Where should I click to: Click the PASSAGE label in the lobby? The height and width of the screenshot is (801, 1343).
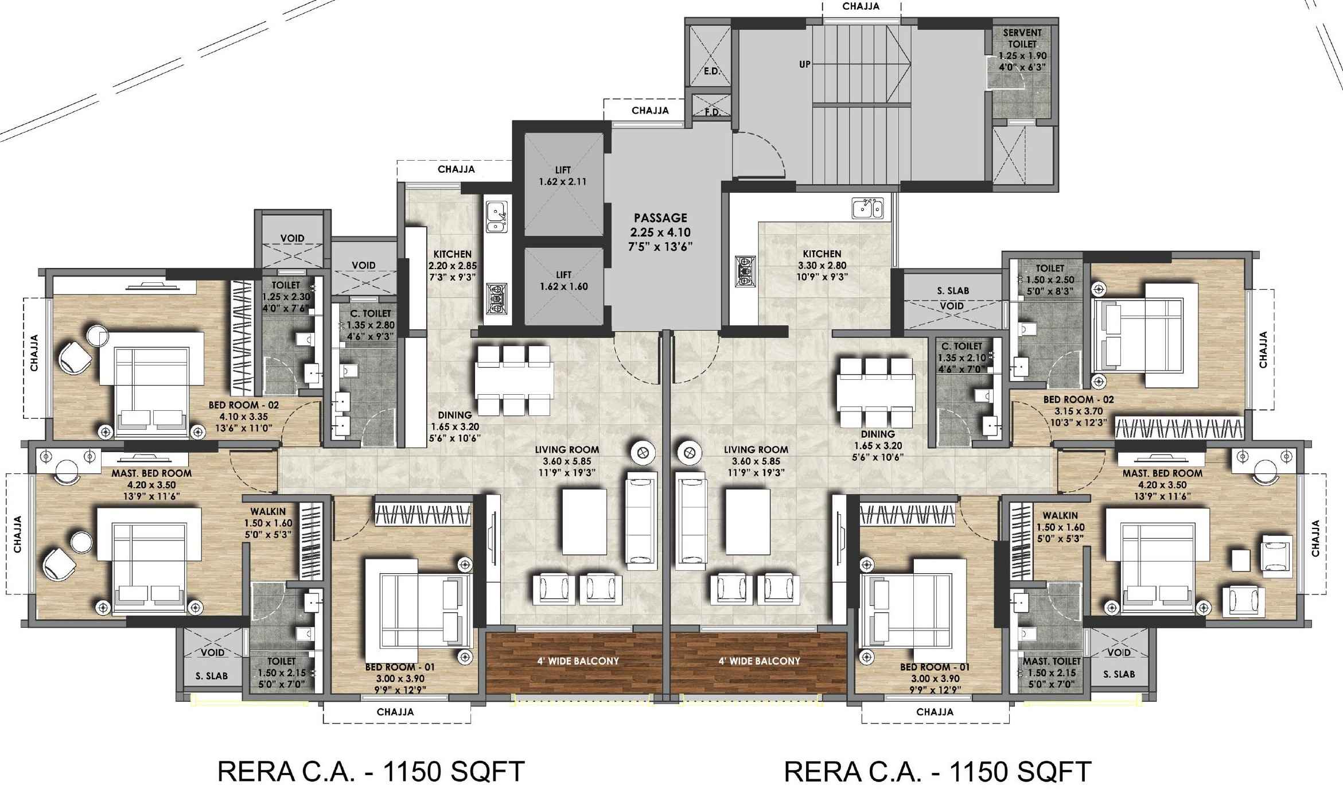pyautogui.click(x=660, y=217)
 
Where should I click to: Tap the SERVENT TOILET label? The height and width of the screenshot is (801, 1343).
pyautogui.click(x=1022, y=38)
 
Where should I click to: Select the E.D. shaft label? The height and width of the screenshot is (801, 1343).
pyautogui.click(x=711, y=72)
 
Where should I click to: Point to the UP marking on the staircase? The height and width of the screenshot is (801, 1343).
pyautogui.click(x=805, y=64)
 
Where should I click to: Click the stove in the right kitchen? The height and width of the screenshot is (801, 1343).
pyautogui.click(x=745, y=272)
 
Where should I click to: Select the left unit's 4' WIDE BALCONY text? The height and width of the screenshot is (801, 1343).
pyautogui.click(x=578, y=660)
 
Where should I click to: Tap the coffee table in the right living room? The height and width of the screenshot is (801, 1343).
pyautogui.click(x=748, y=521)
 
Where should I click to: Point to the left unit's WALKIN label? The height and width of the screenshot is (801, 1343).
pyautogui.click(x=268, y=511)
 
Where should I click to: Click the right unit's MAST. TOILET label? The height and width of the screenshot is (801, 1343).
pyautogui.click(x=1052, y=661)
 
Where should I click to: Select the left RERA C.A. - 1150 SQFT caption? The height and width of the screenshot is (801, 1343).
pyautogui.click(x=371, y=772)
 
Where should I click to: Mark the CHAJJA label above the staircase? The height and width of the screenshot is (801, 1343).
pyautogui.click(x=861, y=6)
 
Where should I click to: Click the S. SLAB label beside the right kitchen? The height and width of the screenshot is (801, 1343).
pyautogui.click(x=953, y=291)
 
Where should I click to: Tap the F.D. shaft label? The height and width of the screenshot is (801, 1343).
pyautogui.click(x=712, y=112)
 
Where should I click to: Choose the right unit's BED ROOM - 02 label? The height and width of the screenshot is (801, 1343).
pyautogui.click(x=1079, y=399)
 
